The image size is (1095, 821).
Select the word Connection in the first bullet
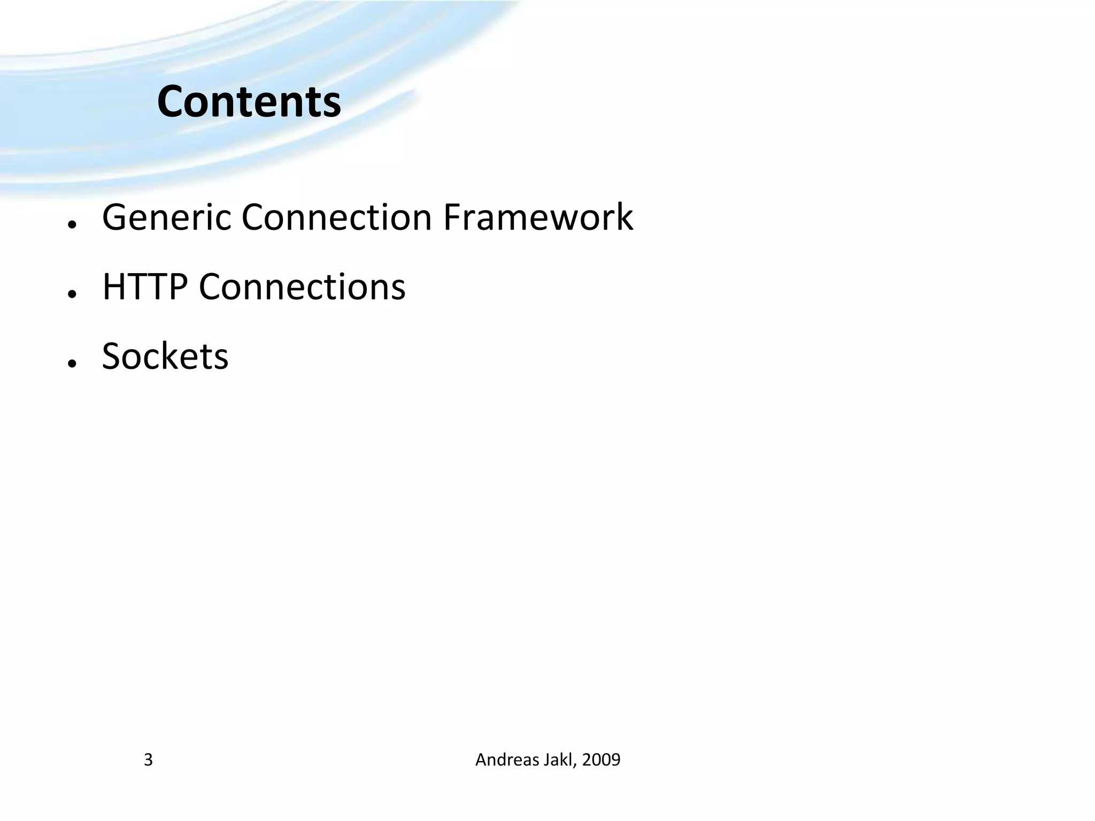[336, 218]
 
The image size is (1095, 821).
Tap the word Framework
[538, 218]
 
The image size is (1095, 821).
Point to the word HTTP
[145, 287]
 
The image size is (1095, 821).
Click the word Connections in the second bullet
[302, 287]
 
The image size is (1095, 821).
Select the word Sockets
[165, 356]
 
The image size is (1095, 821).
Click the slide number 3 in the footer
[148, 760]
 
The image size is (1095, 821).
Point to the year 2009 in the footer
[602, 760]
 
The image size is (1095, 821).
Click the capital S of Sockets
[113, 356]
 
